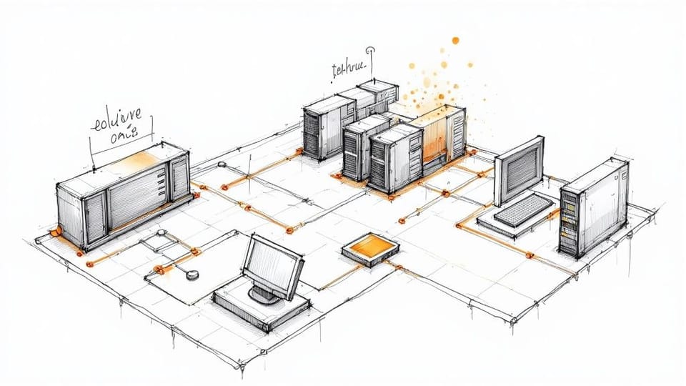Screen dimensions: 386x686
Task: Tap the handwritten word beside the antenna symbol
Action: (x=349, y=69)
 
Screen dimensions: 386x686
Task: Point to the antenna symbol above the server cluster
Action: (x=369, y=51)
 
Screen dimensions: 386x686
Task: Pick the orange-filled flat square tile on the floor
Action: (x=370, y=249)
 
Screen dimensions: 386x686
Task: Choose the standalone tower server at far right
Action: (x=593, y=207)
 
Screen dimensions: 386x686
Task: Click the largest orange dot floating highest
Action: (x=454, y=40)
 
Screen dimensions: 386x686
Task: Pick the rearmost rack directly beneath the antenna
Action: (x=377, y=93)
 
